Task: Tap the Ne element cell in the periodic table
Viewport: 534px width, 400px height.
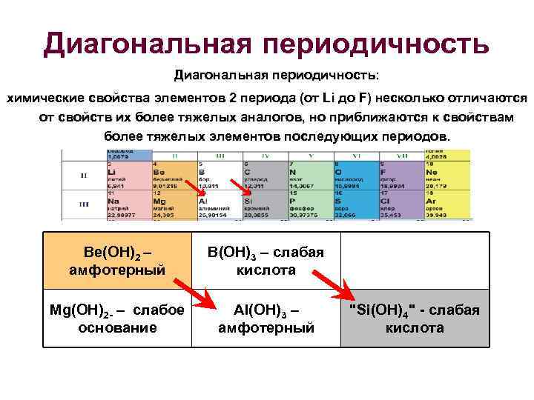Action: [445, 175]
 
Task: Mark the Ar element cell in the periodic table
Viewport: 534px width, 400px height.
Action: [445, 205]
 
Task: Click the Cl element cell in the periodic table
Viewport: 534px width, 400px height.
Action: [400, 205]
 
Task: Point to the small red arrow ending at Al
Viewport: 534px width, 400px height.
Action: [201, 190]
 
